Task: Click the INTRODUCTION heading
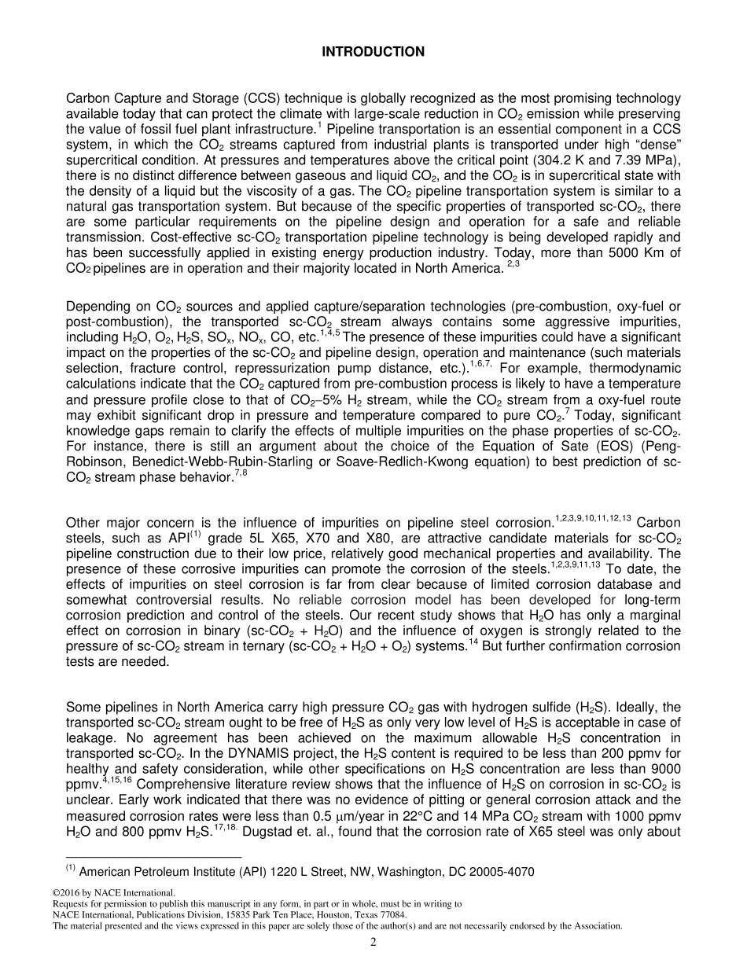tap(373, 52)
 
